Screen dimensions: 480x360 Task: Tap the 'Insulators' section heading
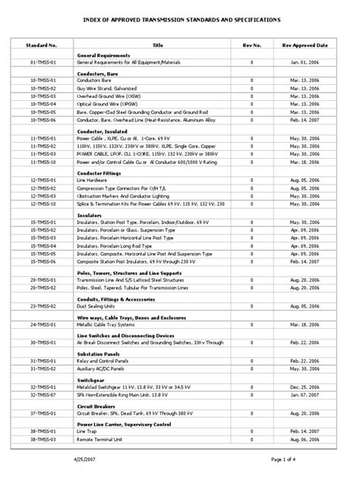click(x=90, y=215)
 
